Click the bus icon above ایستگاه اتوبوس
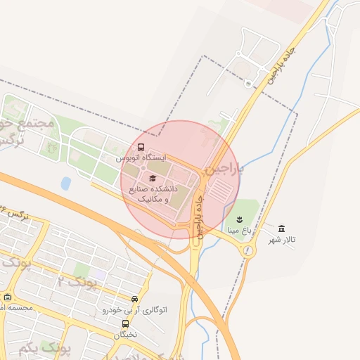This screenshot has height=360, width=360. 141,148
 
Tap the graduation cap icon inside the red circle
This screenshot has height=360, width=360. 153,177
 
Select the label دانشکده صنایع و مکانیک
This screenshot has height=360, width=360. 153,194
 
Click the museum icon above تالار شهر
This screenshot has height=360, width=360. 282,229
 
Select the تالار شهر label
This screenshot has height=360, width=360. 282,240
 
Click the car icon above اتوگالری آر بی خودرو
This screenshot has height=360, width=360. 135,298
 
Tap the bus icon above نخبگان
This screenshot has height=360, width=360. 125,323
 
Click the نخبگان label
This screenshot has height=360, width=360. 125,335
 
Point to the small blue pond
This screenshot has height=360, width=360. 65,184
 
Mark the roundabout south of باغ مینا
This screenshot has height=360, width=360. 247,250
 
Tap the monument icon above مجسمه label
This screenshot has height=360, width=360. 7,297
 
